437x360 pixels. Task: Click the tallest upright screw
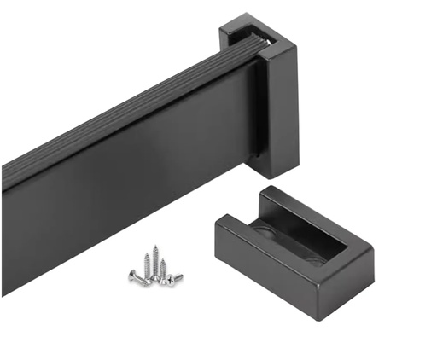[x=154, y=261]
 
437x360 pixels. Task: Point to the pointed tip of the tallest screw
[x=154, y=247]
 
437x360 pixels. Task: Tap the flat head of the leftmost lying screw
[x=132, y=276]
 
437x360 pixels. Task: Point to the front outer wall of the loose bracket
[x=256, y=260]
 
